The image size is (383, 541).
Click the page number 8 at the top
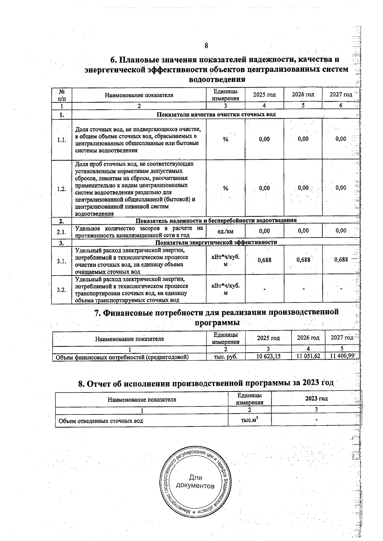pyautogui.click(x=206, y=46)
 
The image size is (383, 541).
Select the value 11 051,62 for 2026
pyautogui.click(x=308, y=356)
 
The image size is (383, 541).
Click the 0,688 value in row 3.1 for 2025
pyautogui.click(x=264, y=260)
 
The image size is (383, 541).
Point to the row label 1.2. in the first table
pyautogui.click(x=62, y=189)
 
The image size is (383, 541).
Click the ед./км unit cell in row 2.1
pyautogui.click(x=225, y=231)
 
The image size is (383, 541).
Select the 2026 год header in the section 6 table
pyautogui.click(x=303, y=95)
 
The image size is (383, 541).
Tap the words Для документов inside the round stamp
pyautogui.click(x=195, y=482)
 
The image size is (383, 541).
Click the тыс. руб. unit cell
pyautogui.click(x=225, y=357)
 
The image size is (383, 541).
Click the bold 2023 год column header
pyautogui.click(x=316, y=398)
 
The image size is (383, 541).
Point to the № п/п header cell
pyautogui.click(x=62, y=95)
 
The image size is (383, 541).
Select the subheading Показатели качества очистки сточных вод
pyautogui.click(x=216, y=114)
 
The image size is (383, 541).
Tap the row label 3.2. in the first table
pyautogui.click(x=62, y=290)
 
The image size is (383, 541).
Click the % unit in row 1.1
pyautogui.click(x=225, y=139)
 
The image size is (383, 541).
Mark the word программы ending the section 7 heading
pyautogui.click(x=217, y=323)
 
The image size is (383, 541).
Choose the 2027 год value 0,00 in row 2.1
pyautogui.click(x=341, y=231)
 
